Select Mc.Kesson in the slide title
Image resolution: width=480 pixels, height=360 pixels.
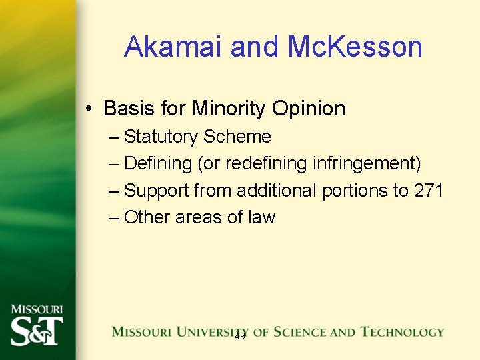tap(355, 47)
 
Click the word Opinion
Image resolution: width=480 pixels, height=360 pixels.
tap(313, 108)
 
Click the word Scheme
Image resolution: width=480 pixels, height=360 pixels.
tap(237, 137)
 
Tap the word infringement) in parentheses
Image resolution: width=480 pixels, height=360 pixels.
tap(367, 163)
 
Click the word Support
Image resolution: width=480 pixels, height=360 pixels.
tap(157, 191)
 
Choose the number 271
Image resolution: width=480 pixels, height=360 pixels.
tap(429, 191)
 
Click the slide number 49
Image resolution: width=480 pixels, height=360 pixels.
tap(239, 337)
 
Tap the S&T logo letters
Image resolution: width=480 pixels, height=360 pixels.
tap(37, 331)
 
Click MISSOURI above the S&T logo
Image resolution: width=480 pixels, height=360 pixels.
tap(37, 310)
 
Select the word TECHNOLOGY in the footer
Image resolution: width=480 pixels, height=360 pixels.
tap(402, 331)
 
